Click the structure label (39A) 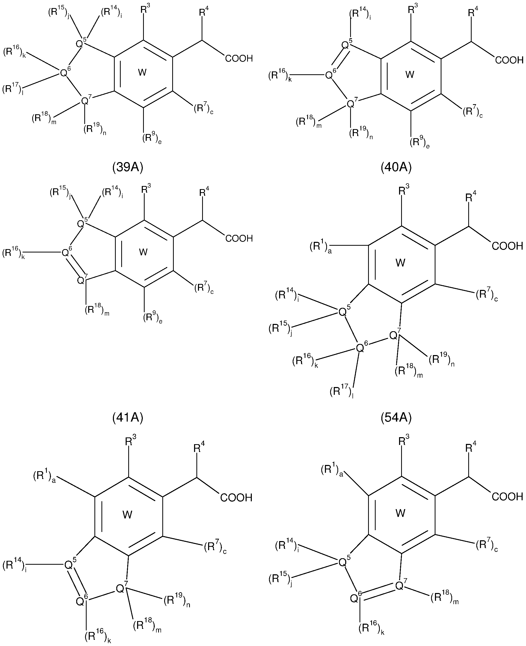click(x=127, y=167)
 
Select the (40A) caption click(x=396, y=167)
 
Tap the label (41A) click(x=127, y=418)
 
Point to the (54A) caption click(x=396, y=418)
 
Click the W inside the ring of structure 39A click(x=142, y=72)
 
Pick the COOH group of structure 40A click(x=509, y=61)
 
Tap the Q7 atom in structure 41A click(x=81, y=280)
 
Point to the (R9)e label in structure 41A click(x=152, y=318)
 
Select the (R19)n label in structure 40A click(x=361, y=134)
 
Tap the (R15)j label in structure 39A click(x=59, y=13)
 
